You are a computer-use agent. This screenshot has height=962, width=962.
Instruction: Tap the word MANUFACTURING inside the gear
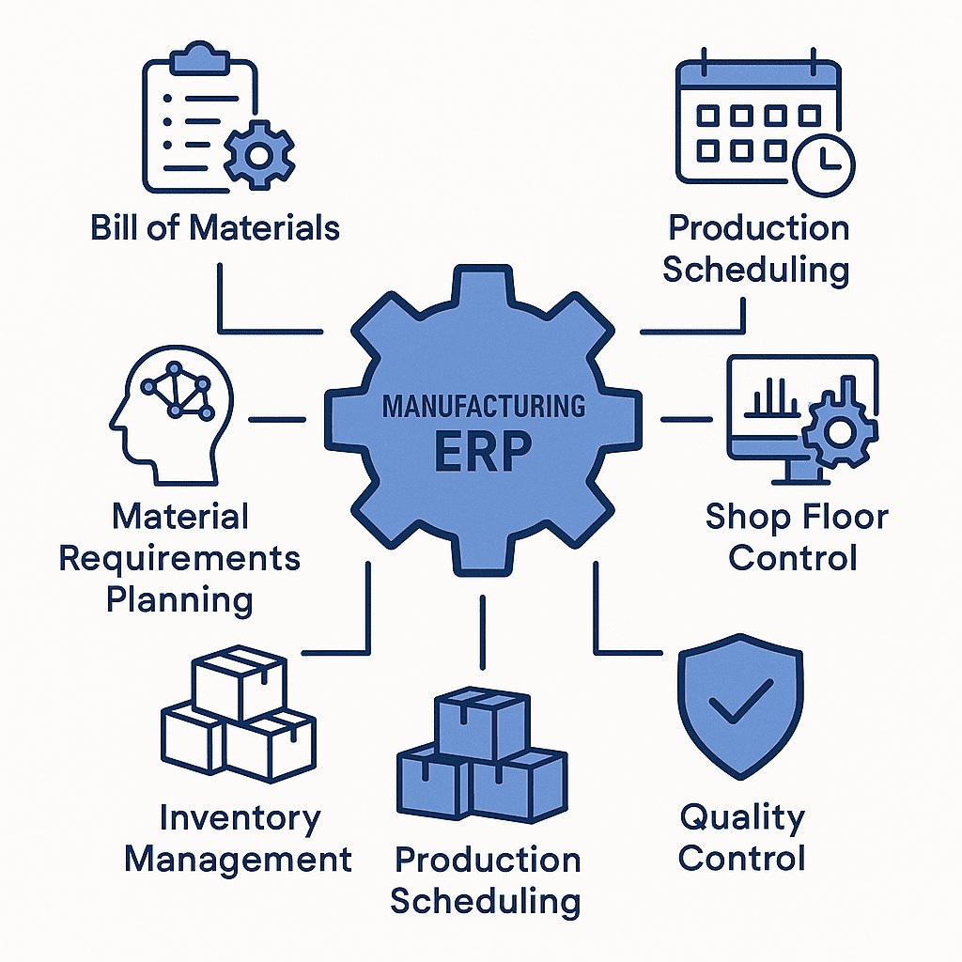coord(483,408)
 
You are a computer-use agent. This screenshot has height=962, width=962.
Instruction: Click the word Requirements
coord(179,558)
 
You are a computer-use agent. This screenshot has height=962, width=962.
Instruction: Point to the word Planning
coord(179,599)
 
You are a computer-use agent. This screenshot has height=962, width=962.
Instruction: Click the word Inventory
coord(239,817)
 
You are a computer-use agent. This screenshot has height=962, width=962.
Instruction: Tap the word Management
coord(239,859)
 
